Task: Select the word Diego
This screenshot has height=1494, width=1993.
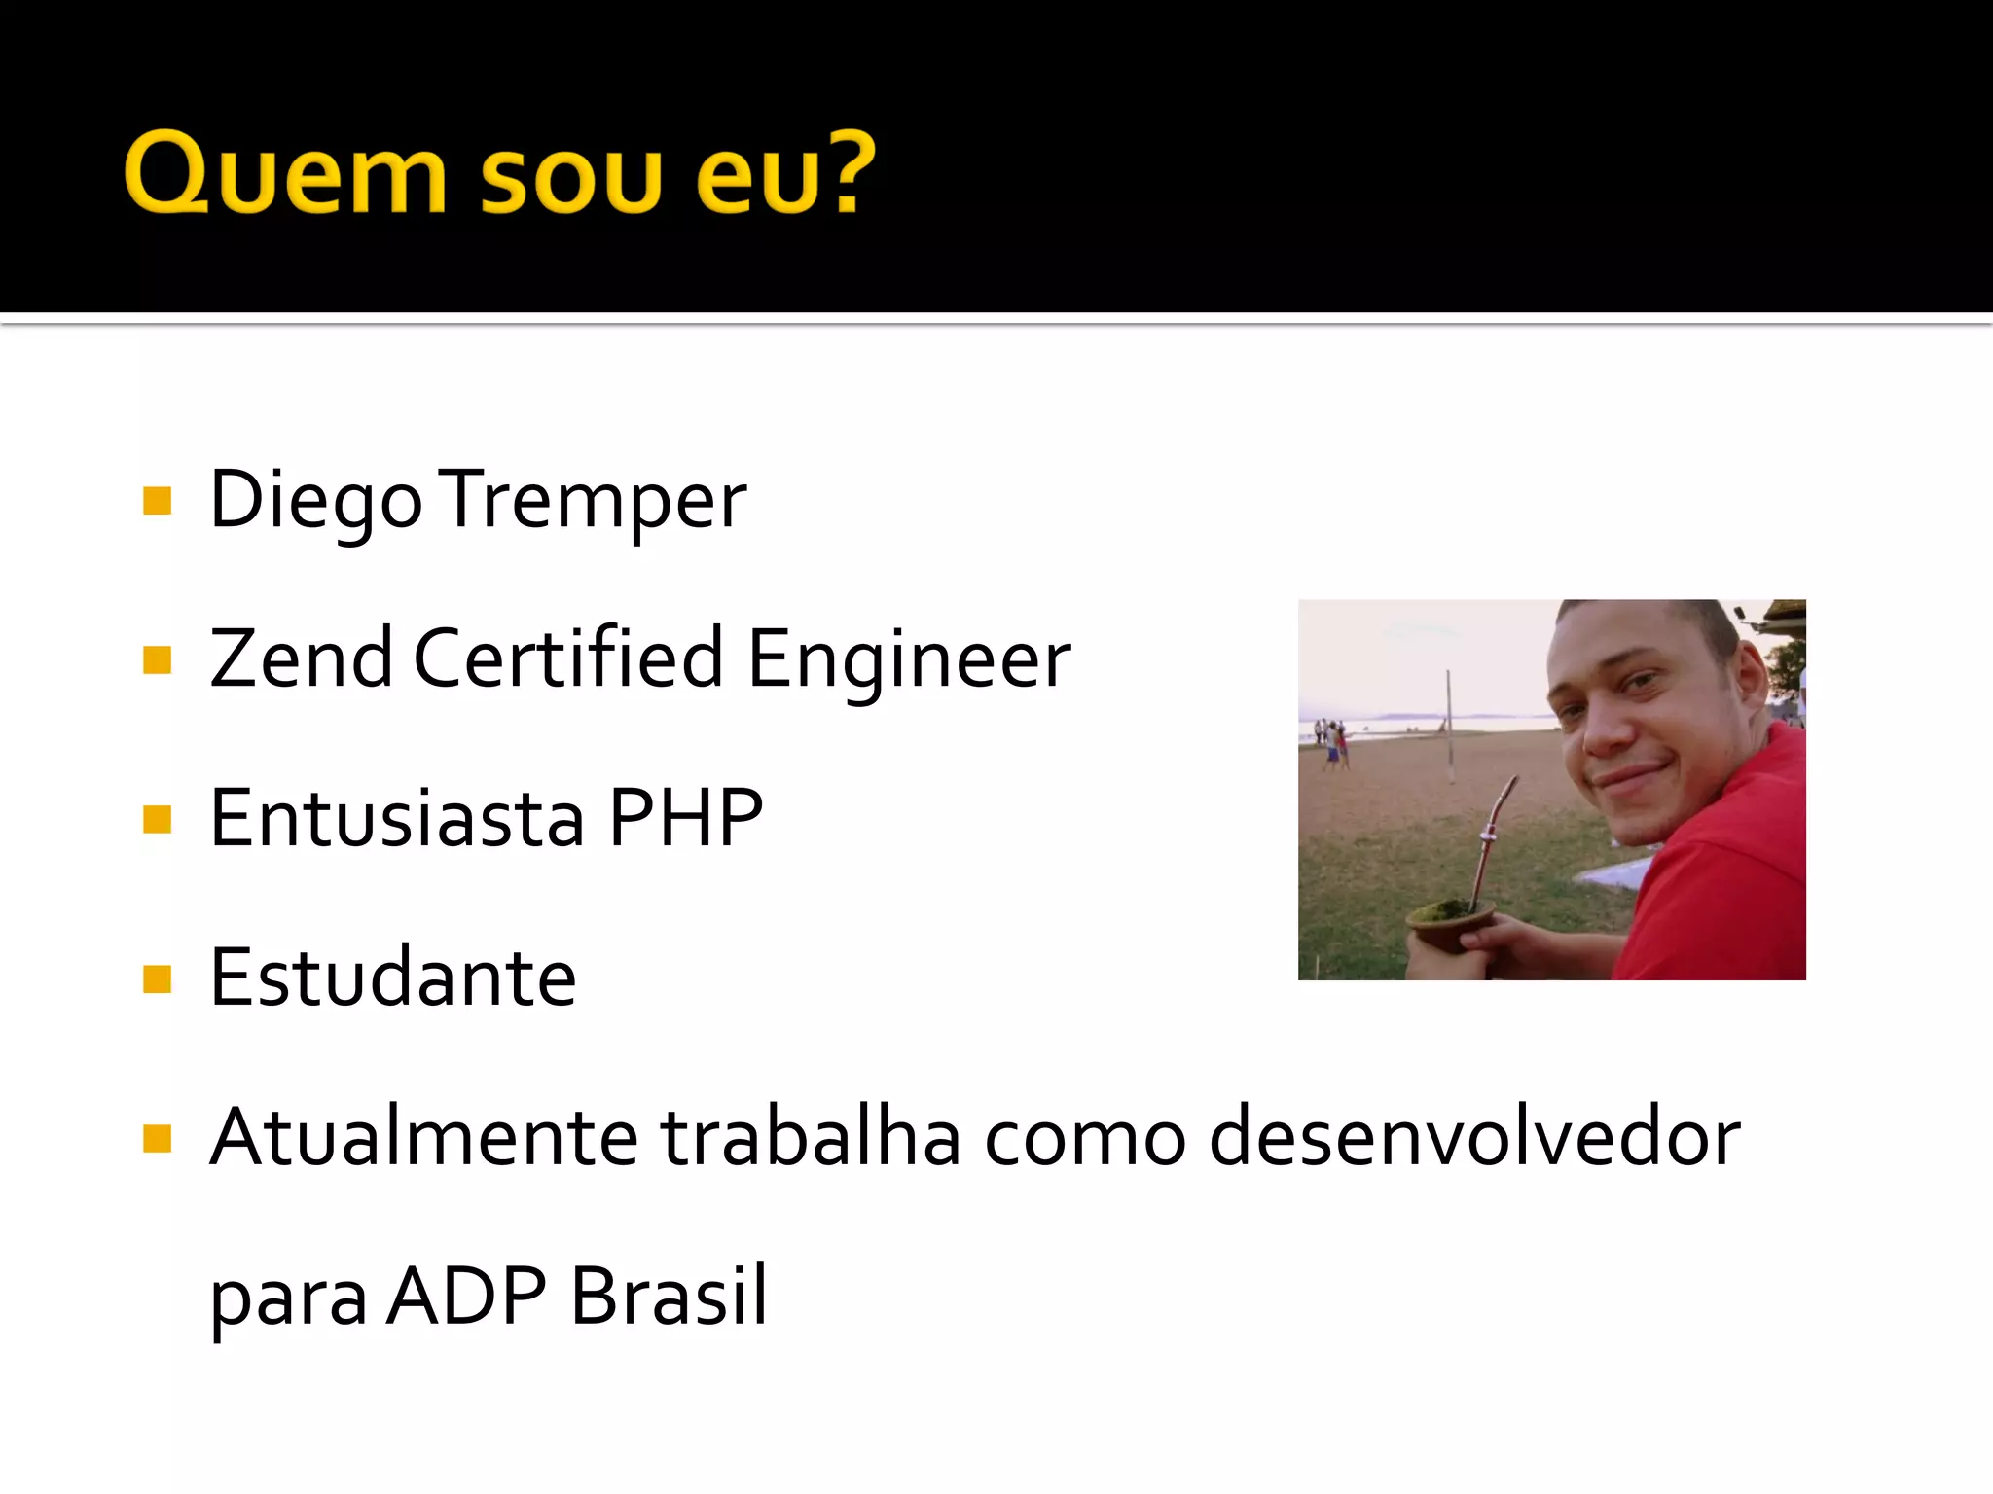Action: tap(315, 501)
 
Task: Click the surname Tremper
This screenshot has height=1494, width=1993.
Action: tap(596, 501)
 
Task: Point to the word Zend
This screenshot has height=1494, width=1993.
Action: tap(301, 659)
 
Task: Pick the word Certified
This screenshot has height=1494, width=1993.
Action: tap(568, 659)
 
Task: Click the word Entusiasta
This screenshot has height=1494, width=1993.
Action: tap(397, 819)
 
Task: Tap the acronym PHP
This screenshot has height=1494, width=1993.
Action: tap(685, 819)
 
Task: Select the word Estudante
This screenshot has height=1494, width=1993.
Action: tap(393, 978)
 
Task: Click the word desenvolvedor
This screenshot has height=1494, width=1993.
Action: tap(1473, 1137)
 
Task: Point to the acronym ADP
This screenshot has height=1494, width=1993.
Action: tap(466, 1296)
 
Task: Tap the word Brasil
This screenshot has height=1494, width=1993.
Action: tap(669, 1296)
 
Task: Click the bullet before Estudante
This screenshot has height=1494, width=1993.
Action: tap(157, 978)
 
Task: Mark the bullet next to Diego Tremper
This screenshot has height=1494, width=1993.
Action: tap(157, 501)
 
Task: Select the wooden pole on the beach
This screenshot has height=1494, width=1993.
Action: tap(1449, 724)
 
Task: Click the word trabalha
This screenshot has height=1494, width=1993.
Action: tap(811, 1137)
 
